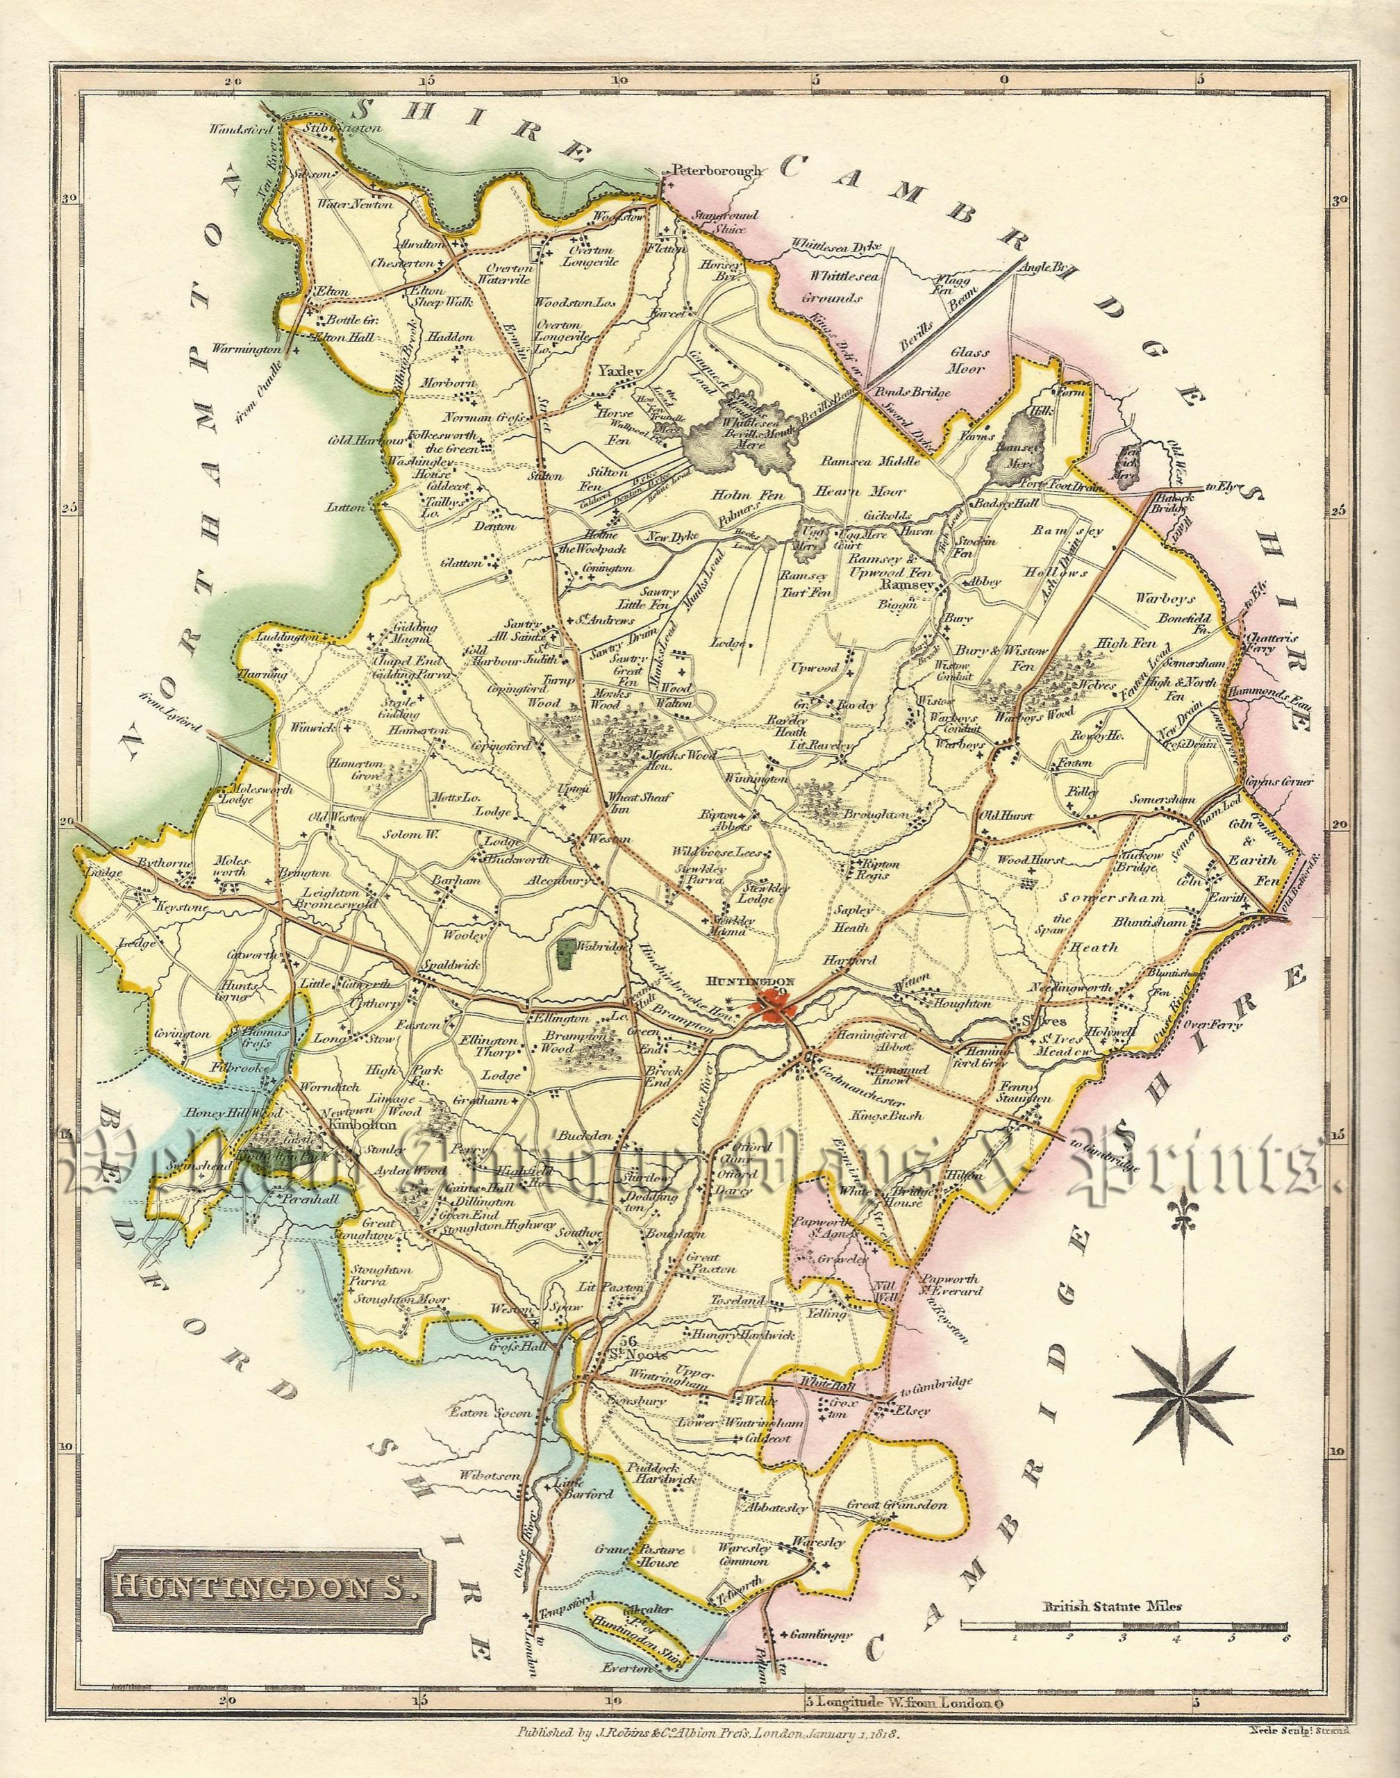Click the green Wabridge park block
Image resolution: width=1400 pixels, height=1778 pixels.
tap(563, 952)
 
